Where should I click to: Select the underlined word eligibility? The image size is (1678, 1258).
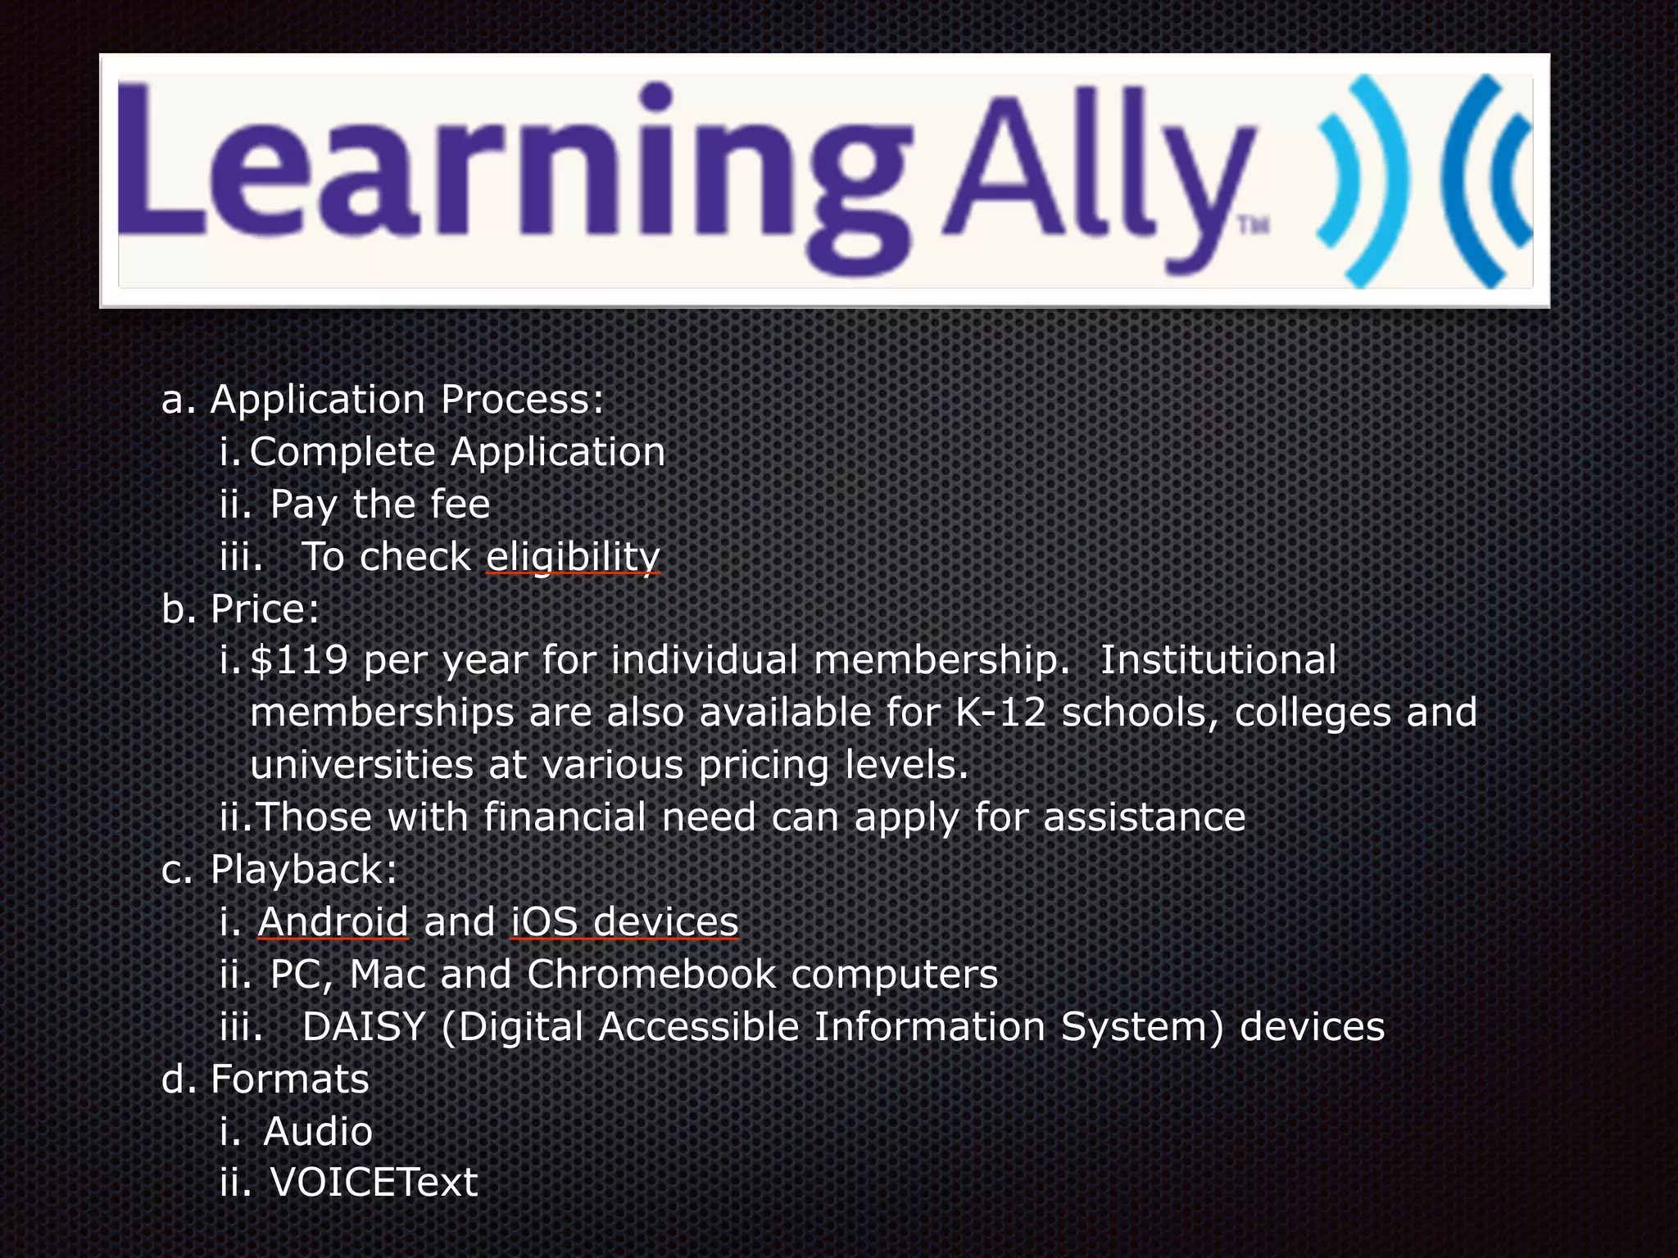click(573, 557)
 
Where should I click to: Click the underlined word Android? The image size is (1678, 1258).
click(333, 921)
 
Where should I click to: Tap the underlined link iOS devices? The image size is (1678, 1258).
click(624, 921)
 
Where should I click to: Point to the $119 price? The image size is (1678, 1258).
click(299, 660)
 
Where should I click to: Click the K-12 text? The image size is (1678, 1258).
click(1000, 713)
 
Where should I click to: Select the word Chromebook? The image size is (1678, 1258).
click(651, 974)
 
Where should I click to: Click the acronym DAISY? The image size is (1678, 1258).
click(364, 1026)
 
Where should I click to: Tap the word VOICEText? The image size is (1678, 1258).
click(374, 1182)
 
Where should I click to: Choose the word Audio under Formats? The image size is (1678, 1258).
click(318, 1131)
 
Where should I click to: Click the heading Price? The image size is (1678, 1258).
click(265, 609)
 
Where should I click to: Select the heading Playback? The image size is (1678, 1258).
click(303, 869)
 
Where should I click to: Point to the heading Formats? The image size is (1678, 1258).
click(290, 1079)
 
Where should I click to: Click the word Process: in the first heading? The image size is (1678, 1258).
click(522, 400)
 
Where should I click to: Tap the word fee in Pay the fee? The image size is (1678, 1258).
click(456, 504)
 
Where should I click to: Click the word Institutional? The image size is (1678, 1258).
click(1218, 660)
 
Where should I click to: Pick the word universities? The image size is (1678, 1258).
click(361, 765)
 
